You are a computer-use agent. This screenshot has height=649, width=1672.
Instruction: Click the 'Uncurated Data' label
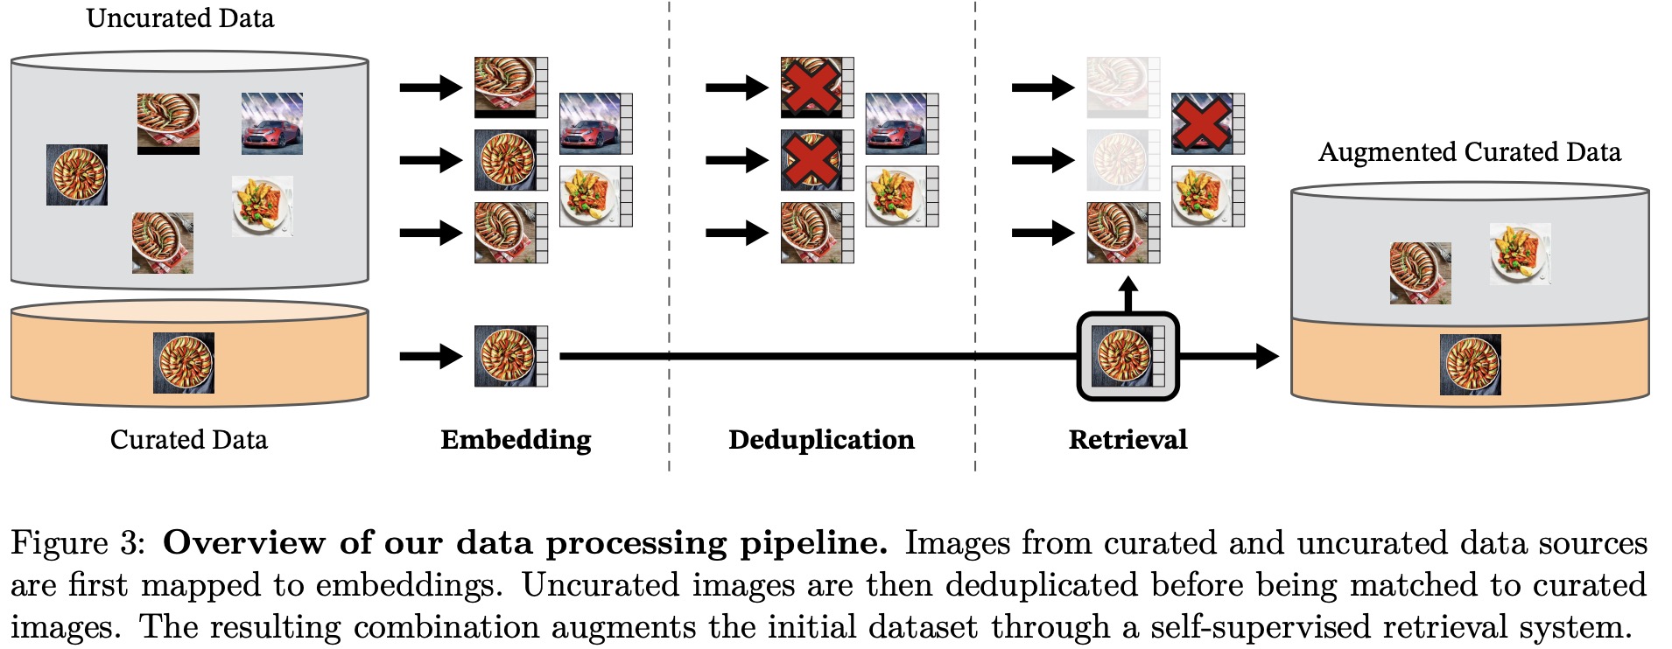[179, 18]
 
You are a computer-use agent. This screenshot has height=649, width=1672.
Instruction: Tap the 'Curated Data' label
[188, 439]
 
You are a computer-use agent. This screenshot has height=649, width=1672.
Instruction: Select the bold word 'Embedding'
[516, 439]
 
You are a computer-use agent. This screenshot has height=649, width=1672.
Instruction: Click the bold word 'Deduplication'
[821, 439]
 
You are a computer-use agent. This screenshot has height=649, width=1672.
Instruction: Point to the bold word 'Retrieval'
[1128, 439]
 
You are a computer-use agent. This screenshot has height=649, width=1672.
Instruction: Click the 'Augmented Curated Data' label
[1469, 152]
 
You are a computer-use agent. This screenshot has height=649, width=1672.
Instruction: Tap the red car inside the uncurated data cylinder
[272, 124]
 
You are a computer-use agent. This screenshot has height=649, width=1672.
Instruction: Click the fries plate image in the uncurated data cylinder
[262, 206]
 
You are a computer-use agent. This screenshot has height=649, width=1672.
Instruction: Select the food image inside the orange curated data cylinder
[184, 362]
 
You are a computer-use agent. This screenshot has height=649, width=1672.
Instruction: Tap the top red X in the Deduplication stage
[811, 87]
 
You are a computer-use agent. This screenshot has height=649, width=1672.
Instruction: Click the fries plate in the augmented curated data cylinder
[1520, 254]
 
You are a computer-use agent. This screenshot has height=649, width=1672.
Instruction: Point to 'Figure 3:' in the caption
[77, 543]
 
